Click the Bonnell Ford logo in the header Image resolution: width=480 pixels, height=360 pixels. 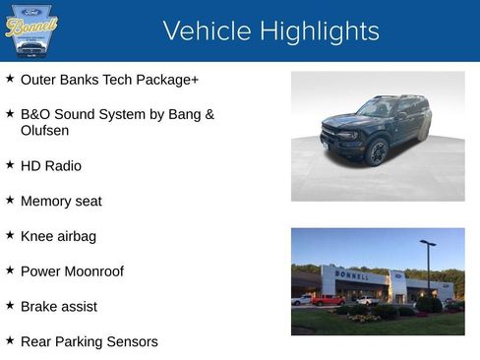[31, 30]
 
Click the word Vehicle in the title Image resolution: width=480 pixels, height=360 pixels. [199, 31]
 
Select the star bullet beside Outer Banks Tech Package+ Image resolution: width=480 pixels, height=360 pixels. [10, 78]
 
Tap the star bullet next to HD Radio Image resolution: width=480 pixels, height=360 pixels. [10, 164]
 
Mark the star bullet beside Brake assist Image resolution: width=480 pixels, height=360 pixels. [10, 305]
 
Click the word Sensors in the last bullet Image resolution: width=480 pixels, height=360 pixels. [132, 341]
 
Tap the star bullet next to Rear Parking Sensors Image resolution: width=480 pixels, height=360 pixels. [10, 340]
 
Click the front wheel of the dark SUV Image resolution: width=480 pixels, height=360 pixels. [376, 152]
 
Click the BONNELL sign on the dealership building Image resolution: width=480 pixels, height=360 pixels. [352, 276]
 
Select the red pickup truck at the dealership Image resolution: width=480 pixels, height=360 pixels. [328, 300]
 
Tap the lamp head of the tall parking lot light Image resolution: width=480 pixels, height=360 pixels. [427, 242]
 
